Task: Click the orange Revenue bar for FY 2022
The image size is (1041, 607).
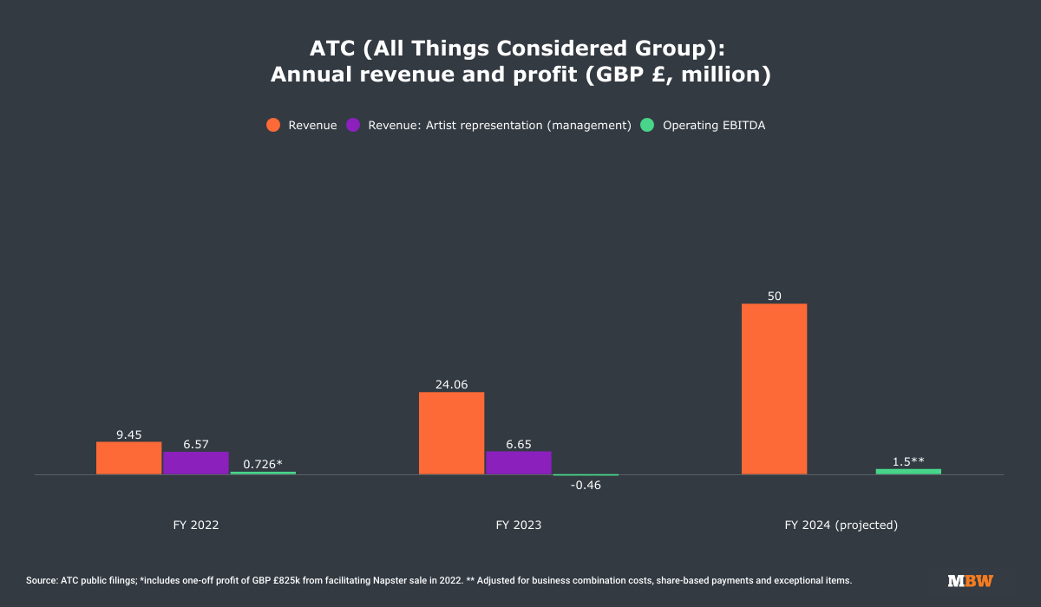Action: click(x=128, y=458)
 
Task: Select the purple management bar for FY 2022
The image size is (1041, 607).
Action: click(x=196, y=463)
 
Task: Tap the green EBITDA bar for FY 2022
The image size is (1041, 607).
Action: click(x=263, y=473)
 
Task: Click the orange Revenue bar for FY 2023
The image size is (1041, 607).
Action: click(x=451, y=434)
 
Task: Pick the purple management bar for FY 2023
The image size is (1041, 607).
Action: click(x=518, y=463)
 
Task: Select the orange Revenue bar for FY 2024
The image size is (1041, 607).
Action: click(x=774, y=389)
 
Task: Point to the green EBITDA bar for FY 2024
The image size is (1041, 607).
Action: click(x=908, y=471)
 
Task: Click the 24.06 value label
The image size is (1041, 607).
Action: click(x=451, y=384)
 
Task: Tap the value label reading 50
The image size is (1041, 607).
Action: click(x=774, y=296)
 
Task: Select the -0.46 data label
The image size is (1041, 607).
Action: click(x=586, y=485)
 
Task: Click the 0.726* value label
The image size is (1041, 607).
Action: click(x=263, y=464)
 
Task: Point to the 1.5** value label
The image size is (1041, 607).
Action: click(x=908, y=461)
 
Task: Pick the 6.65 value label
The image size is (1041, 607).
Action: click(x=518, y=443)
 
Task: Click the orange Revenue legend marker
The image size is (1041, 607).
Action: click(x=273, y=125)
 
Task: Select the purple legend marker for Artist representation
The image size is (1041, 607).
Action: click(x=353, y=125)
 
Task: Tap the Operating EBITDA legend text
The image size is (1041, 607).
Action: click(x=713, y=125)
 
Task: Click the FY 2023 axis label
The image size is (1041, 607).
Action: click(x=518, y=525)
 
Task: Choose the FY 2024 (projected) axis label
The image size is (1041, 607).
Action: click(x=841, y=525)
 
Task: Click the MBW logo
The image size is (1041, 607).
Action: click(x=970, y=580)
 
